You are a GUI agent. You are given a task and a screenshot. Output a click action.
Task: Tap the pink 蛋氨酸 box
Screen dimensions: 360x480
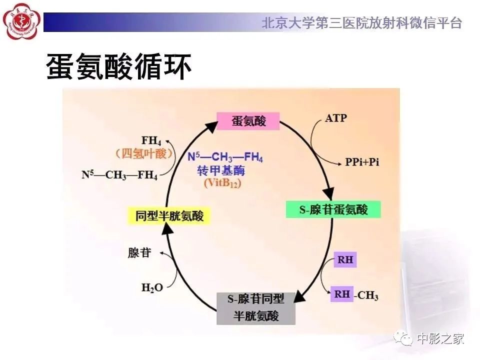tap(248, 121)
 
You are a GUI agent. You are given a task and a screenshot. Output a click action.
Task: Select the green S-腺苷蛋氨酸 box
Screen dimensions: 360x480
tap(333, 209)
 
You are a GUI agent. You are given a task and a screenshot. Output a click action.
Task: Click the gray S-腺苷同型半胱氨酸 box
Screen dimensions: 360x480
tap(256, 307)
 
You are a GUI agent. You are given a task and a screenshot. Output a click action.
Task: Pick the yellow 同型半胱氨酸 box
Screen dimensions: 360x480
tap(169, 216)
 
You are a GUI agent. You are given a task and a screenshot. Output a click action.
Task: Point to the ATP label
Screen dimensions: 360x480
tap(335, 118)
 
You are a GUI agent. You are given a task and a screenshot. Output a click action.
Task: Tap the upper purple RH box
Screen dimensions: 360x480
tap(345, 260)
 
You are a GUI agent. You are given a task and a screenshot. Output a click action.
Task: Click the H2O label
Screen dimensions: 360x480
tap(152, 287)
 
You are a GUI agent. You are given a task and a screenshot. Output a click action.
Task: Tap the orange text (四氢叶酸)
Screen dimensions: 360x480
tap(143, 153)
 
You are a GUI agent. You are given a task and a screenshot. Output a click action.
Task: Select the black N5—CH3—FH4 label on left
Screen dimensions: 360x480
tap(119, 175)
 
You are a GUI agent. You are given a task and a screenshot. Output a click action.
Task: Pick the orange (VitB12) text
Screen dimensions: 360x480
tap(222, 183)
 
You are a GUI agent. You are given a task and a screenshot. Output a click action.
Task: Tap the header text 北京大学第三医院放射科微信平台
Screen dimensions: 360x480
tap(361, 22)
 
